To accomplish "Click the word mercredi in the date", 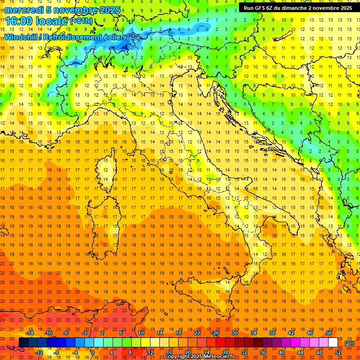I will (x=23, y=10).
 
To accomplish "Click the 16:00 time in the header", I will (x=20, y=21).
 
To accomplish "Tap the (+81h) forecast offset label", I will (x=81, y=21).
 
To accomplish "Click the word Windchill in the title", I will (x=22, y=37).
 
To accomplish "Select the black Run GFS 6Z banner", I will (x=298, y=7).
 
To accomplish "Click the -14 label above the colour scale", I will (x=30, y=333).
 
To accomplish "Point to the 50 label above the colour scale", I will (x=329, y=333).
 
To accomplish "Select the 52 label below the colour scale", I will (x=338, y=352).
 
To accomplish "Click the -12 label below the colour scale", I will (x=39, y=352).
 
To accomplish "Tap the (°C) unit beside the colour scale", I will (x=349, y=343).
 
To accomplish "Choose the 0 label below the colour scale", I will (x=93, y=352).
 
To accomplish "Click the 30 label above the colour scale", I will (x=235, y=333).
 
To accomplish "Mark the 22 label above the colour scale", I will (x=197, y=333).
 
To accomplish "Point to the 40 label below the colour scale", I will (x=282, y=352).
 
